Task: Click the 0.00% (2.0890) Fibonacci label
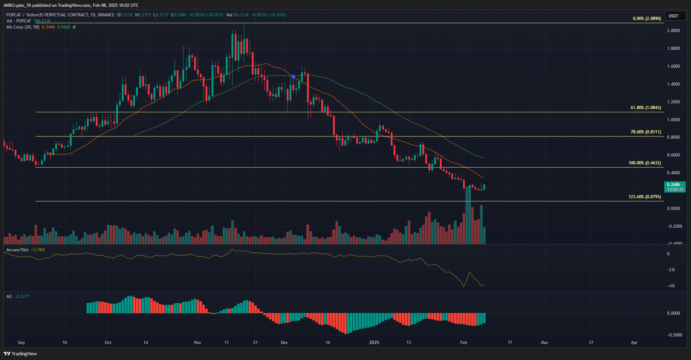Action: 646,19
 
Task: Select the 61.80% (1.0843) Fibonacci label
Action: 645,108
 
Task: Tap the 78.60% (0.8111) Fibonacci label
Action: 645,132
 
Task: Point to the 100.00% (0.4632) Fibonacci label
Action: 644,163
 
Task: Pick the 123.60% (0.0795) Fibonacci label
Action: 644,197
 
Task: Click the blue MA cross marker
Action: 293,77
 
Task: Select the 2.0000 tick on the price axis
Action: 673,31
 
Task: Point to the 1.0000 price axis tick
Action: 673,120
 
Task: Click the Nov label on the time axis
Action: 197,343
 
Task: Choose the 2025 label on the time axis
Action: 374,343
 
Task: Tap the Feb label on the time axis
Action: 463,343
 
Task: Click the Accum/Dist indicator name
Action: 17,250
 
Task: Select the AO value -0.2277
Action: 22,297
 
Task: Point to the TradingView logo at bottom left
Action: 20,354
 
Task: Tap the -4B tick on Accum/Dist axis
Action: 671,286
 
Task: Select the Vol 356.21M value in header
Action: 42,21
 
